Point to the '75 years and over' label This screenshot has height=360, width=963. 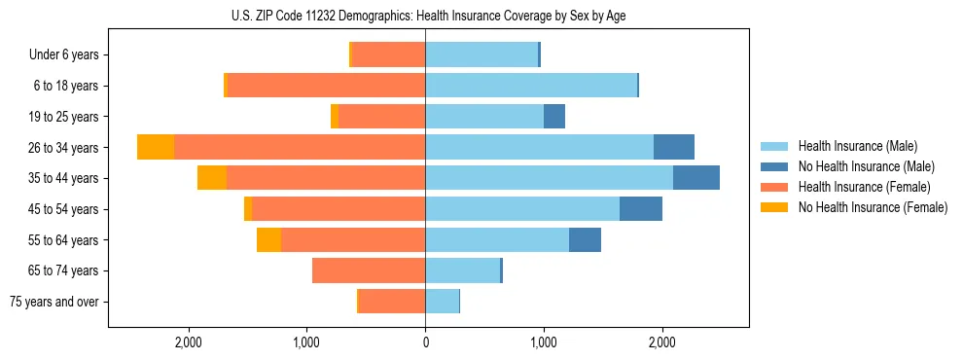click(x=54, y=302)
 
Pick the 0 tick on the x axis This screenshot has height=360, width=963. click(x=425, y=343)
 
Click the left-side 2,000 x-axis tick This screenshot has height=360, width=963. click(x=188, y=343)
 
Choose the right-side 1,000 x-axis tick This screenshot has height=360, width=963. click(x=544, y=343)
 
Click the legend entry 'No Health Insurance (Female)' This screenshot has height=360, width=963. click(x=873, y=207)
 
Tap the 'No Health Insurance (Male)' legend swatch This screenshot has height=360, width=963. click(x=775, y=166)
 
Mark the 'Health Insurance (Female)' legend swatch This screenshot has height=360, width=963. click(x=775, y=187)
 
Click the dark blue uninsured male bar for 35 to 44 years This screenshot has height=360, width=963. click(x=696, y=178)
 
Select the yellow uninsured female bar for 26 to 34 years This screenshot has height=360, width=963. click(x=156, y=147)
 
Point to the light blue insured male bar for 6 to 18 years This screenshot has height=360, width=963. click(x=531, y=86)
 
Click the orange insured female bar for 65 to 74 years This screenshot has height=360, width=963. click(x=369, y=270)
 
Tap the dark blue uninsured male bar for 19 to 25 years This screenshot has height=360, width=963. click(x=554, y=117)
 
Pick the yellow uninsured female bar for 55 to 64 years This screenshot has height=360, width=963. click(x=268, y=239)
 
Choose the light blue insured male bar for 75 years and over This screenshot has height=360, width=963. click(x=442, y=302)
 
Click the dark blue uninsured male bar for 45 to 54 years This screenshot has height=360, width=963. click(x=641, y=209)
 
